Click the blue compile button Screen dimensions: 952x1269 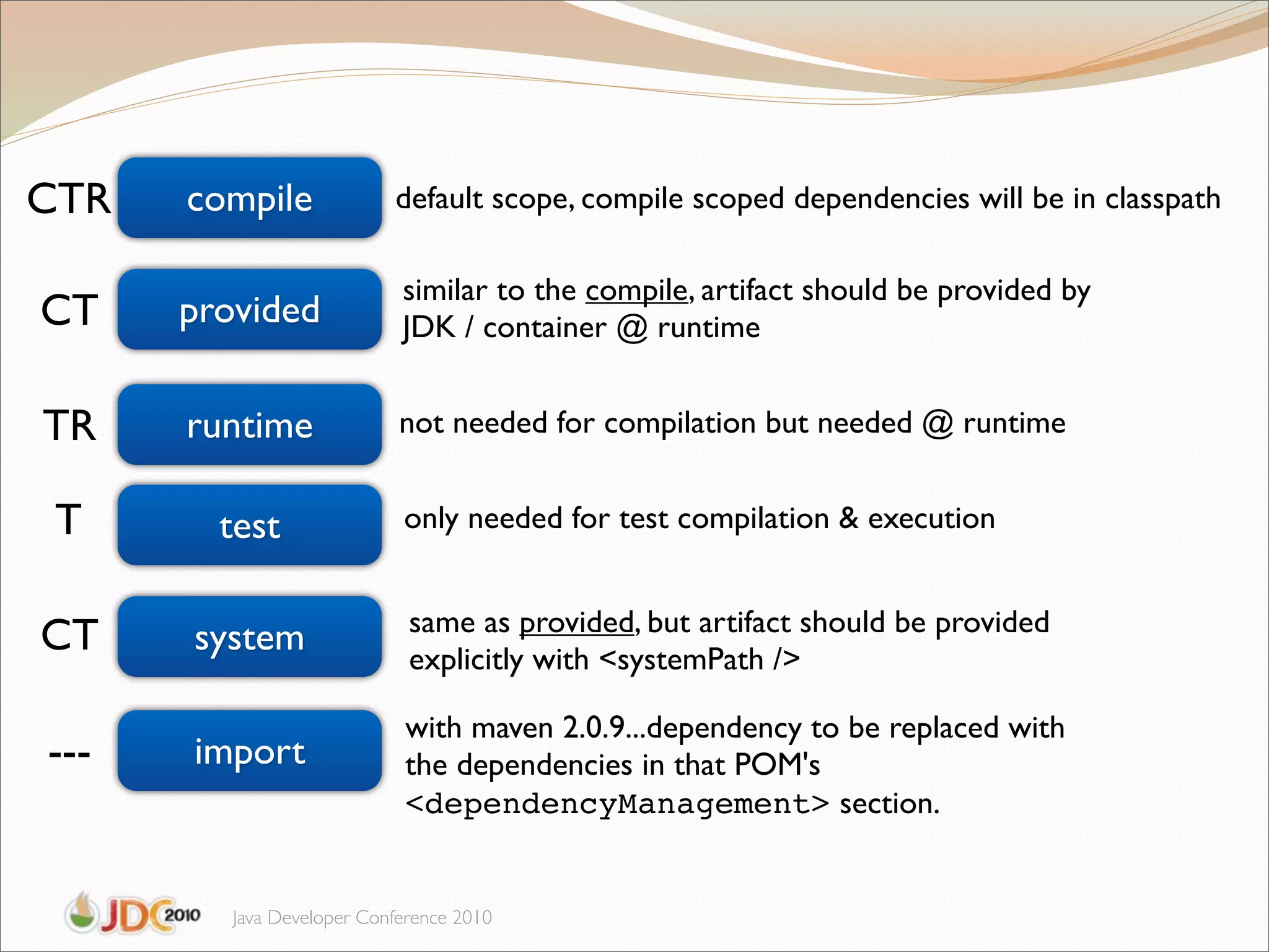point(249,198)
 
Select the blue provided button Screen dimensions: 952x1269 point(249,310)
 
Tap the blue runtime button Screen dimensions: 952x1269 point(249,425)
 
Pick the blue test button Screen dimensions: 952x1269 point(249,526)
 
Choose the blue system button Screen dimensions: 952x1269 point(249,637)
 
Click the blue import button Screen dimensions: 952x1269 point(249,751)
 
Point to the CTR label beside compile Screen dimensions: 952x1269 point(69,200)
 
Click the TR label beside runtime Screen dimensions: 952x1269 point(69,426)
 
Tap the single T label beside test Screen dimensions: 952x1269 point(68,519)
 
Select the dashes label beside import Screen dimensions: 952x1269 point(69,754)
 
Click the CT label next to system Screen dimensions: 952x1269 point(69,635)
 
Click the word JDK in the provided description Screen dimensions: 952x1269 point(429,327)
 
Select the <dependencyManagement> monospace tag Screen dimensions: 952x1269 point(617,804)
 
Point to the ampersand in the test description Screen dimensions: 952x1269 point(848,518)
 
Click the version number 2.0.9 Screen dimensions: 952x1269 point(594,728)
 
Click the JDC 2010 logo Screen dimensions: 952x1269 point(133,914)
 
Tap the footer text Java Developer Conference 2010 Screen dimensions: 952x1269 point(362,917)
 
